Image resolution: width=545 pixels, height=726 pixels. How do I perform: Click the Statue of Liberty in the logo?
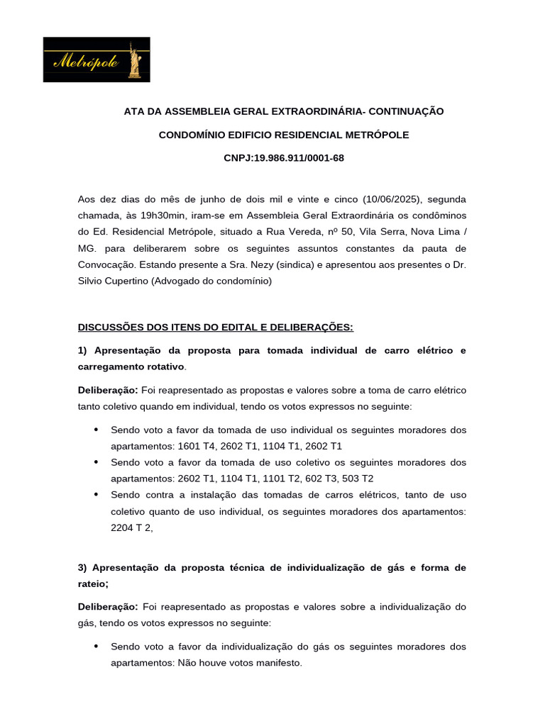pyautogui.click(x=133, y=60)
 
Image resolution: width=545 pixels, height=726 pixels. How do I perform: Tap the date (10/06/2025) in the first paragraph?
pyautogui.click(x=388, y=199)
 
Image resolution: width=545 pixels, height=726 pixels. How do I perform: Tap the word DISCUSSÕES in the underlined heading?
pyautogui.click(x=111, y=327)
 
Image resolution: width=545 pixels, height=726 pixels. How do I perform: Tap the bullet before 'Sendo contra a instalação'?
pyautogui.click(x=96, y=495)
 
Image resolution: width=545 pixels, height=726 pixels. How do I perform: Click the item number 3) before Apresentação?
pyautogui.click(x=82, y=568)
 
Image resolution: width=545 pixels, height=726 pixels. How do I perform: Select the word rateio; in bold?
pyautogui.click(x=93, y=584)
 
